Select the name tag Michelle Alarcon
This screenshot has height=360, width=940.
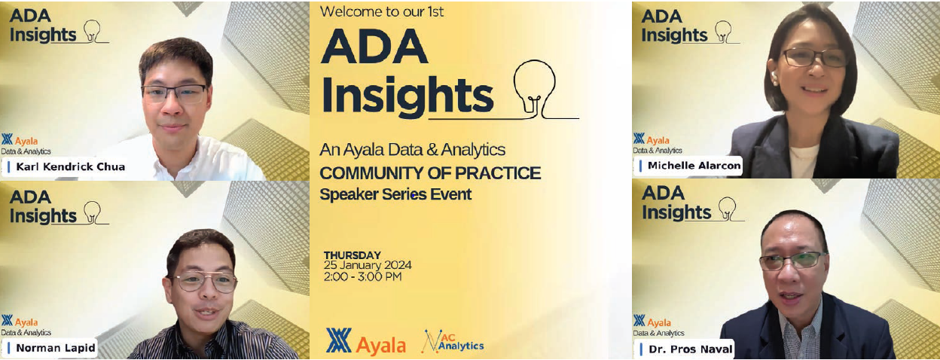(688, 165)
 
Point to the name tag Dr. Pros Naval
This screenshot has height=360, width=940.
(686, 349)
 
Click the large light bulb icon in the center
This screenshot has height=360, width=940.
(534, 87)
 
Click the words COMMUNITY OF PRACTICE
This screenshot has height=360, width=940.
(430, 173)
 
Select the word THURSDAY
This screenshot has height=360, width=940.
(352, 255)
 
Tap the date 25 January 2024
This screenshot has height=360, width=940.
(368, 266)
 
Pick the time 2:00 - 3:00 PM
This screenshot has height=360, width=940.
(362, 276)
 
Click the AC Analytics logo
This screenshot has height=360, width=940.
(453, 341)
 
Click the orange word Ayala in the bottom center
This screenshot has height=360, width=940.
(380, 345)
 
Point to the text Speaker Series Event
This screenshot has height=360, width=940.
(395, 194)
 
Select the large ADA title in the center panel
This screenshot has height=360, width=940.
(374, 49)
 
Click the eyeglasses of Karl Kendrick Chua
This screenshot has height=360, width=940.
(173, 93)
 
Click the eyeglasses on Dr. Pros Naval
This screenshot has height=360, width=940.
(792, 261)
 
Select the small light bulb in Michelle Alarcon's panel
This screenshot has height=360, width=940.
(722, 32)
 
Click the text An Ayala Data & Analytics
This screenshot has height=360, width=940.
(412, 150)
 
